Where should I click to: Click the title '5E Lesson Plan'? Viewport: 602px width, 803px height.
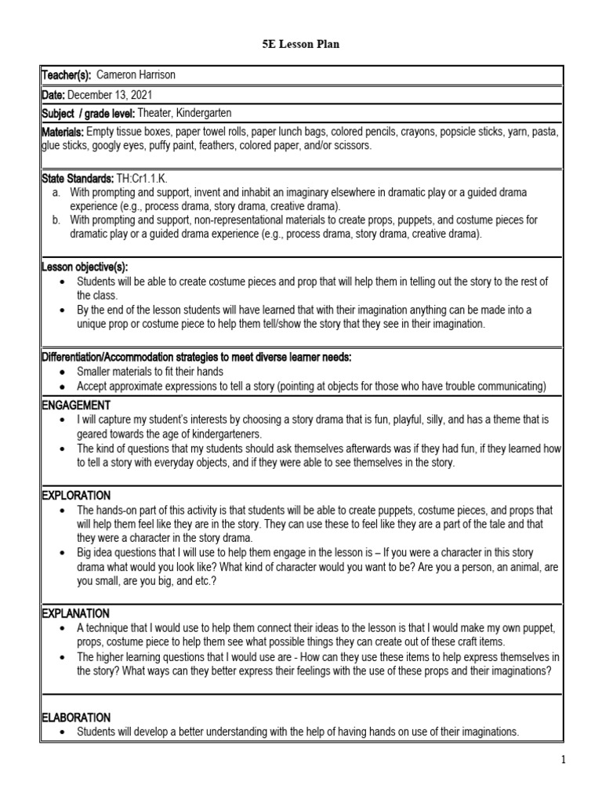(300, 45)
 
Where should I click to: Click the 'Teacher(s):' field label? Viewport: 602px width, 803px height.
(66, 74)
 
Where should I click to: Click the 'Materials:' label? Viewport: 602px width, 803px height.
(62, 133)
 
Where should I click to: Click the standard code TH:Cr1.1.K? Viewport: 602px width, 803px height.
(141, 180)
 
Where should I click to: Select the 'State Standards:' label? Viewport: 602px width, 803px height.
(78, 180)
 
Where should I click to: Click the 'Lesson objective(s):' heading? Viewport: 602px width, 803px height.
(84, 267)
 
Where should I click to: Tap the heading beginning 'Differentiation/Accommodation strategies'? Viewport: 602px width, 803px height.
(196, 358)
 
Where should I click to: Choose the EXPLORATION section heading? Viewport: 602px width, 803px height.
(76, 496)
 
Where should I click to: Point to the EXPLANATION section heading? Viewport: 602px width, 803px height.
(75, 612)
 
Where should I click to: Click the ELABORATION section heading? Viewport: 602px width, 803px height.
(76, 718)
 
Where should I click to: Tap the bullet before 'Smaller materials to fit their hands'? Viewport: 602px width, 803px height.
(63, 372)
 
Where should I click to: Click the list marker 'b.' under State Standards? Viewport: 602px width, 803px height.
(56, 220)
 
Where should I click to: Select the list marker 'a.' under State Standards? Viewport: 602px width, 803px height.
(56, 192)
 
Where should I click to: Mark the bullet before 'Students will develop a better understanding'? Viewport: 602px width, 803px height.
(63, 732)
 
